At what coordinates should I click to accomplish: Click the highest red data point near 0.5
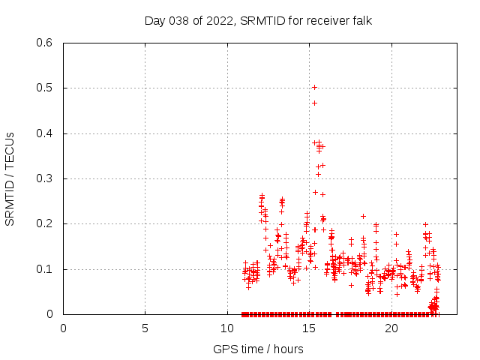(x=314, y=87)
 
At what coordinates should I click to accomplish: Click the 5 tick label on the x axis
(x=145, y=328)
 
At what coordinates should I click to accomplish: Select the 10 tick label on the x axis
(x=227, y=328)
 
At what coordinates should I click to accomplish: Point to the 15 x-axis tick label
(x=309, y=328)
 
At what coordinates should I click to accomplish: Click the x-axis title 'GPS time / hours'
(x=258, y=349)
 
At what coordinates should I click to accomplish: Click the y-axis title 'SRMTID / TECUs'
(x=10, y=178)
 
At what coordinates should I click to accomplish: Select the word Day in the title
(x=154, y=20)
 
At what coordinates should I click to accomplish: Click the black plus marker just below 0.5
(x=314, y=103)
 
